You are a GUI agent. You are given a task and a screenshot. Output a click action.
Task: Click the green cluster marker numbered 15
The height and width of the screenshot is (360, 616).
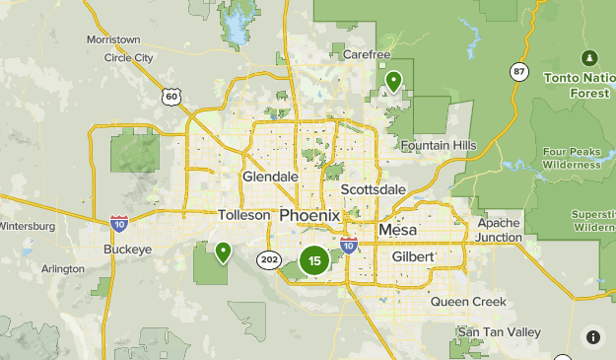313,261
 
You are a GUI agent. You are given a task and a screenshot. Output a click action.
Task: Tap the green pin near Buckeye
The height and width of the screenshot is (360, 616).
224,252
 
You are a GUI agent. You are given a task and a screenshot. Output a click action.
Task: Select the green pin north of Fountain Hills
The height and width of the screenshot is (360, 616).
393,81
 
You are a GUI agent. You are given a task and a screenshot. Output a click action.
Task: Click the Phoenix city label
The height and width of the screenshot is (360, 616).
309,215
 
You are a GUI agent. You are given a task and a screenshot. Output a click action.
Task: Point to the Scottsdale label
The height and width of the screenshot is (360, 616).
373,189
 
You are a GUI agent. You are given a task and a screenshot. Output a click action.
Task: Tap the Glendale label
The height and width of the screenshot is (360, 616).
270,177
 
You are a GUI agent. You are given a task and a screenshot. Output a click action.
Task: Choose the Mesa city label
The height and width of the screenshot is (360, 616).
398,230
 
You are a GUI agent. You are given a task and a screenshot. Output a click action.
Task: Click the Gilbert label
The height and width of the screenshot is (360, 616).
412,256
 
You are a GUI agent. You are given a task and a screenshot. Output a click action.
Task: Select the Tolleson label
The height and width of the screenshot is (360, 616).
243,214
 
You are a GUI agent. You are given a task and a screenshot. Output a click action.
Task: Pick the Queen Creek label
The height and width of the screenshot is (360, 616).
468,302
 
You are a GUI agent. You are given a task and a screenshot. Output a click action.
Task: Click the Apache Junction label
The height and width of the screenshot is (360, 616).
499,230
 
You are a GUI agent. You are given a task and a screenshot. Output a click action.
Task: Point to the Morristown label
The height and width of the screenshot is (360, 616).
113,39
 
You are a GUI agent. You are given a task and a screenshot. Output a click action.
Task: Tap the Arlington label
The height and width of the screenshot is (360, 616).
64,268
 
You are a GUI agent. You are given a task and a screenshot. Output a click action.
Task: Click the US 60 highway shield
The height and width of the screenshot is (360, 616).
172,96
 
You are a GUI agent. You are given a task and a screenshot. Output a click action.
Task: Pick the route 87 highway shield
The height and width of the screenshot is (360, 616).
519,71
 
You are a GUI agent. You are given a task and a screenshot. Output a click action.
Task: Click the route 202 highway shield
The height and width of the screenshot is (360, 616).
269,259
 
